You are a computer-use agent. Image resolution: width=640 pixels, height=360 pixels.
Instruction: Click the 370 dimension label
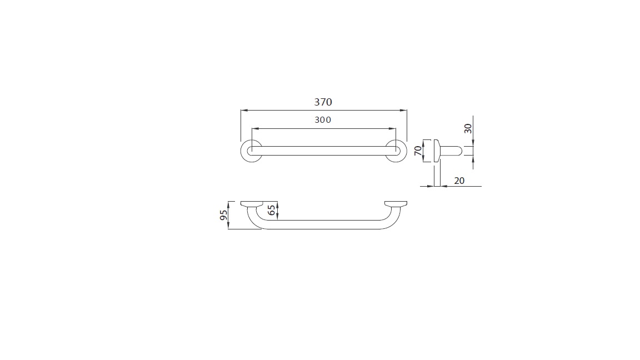point(323,102)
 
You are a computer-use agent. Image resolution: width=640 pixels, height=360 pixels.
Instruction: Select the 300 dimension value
point(323,120)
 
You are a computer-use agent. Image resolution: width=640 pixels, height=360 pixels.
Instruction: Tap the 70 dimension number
point(418,151)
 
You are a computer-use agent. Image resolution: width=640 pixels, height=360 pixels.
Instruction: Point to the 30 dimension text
point(468,128)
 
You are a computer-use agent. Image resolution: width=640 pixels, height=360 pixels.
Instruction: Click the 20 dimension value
point(459,181)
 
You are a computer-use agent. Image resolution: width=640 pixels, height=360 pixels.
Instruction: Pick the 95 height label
point(224,215)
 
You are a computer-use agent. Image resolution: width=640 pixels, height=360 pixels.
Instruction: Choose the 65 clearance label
point(272,210)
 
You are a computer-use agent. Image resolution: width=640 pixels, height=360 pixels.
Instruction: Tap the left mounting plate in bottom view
point(252,204)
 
